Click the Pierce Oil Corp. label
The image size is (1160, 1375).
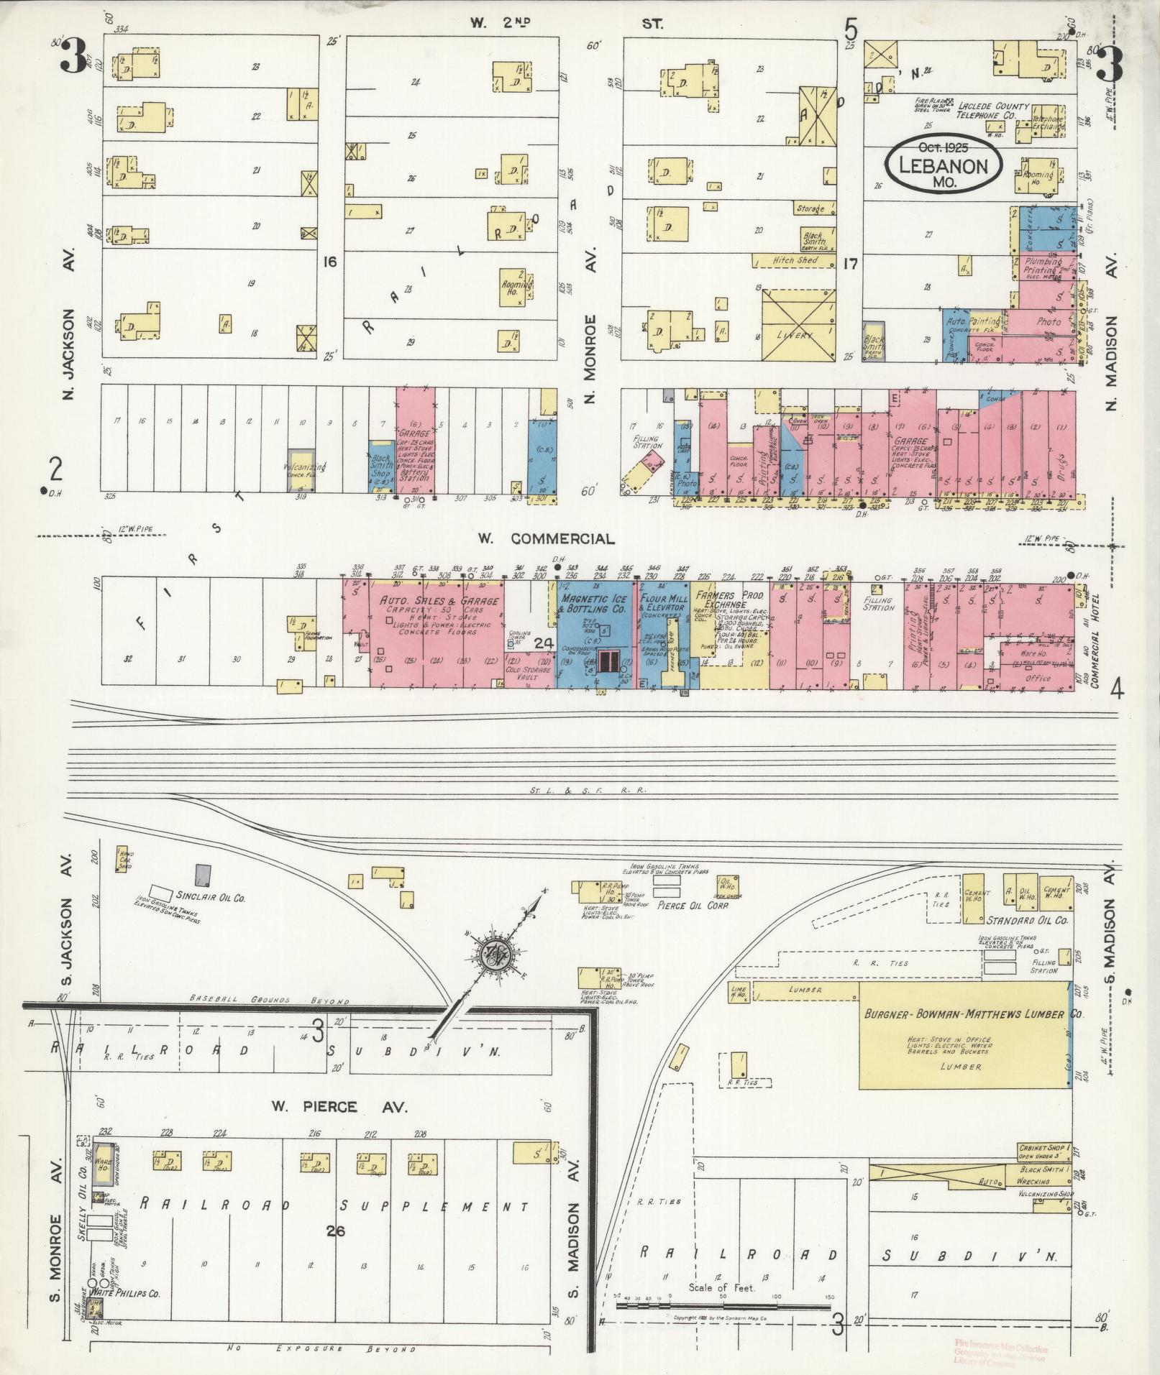693,906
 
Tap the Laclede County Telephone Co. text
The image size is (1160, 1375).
992,110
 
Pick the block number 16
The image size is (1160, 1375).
330,262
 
